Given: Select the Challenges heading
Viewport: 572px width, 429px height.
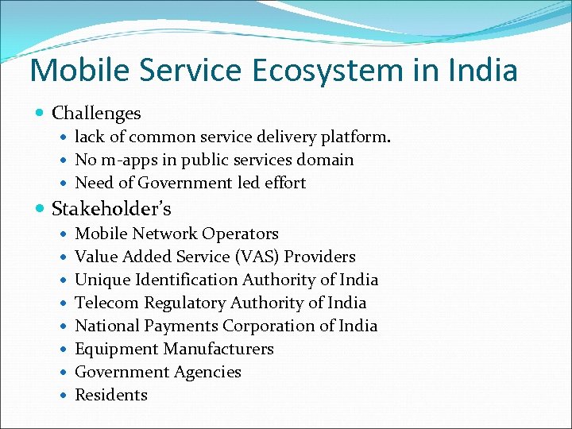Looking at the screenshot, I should coord(96,114).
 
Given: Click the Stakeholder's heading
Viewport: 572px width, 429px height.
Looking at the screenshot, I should coord(111,209).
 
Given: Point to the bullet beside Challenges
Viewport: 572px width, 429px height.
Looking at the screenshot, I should coord(41,114).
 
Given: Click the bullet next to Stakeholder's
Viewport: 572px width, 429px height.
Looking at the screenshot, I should coord(41,210).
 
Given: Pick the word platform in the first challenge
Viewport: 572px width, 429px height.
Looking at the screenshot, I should coord(356,137).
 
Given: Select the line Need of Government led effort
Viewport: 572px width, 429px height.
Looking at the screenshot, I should coord(190,183).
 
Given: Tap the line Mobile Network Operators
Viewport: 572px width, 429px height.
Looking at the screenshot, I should coord(176,234).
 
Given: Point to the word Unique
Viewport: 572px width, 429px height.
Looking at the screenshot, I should coord(100,280).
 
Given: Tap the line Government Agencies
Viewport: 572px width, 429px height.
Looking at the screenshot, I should coord(157,372).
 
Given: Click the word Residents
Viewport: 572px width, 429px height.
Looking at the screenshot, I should coord(111,395).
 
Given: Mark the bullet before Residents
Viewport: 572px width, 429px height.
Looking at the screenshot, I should coord(64,396).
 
